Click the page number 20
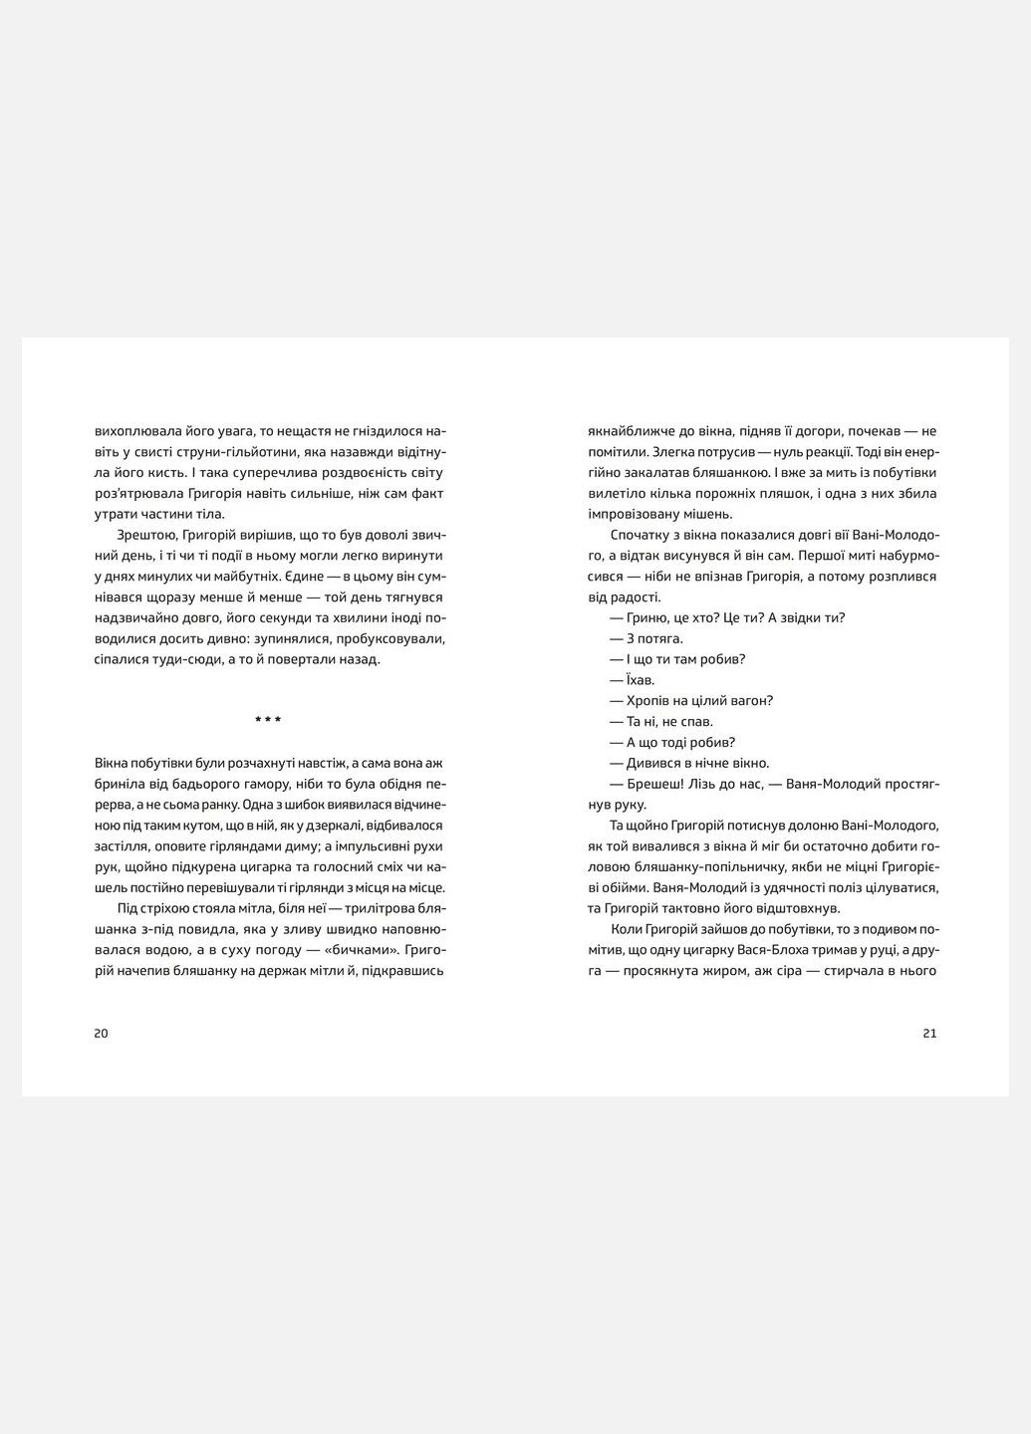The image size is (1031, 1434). [x=101, y=1033]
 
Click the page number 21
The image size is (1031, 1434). [x=929, y=1033]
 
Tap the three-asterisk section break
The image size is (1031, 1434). [x=268, y=720]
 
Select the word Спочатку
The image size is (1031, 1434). [x=640, y=535]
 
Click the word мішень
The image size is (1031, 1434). [x=709, y=514]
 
